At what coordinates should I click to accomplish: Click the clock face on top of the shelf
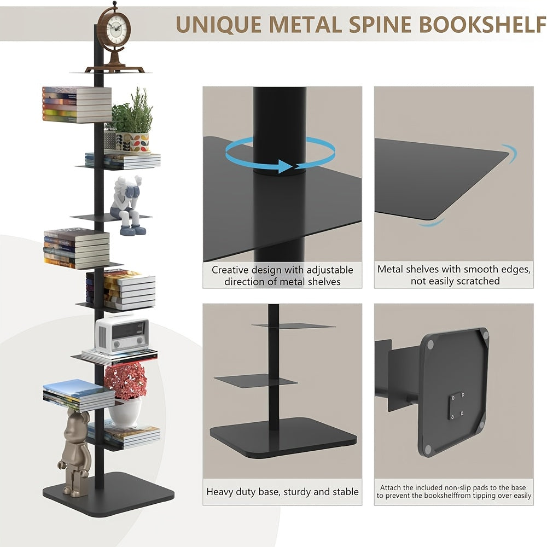click(x=116, y=30)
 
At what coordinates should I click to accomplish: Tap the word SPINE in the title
click(x=380, y=25)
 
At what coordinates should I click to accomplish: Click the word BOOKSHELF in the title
click(x=482, y=25)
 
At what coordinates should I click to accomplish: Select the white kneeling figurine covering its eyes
click(x=127, y=206)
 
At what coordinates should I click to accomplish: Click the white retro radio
click(x=122, y=335)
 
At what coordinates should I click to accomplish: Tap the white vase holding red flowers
click(x=125, y=414)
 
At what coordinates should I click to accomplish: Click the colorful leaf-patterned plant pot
click(x=132, y=142)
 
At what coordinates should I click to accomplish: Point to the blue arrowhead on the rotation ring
click(x=286, y=166)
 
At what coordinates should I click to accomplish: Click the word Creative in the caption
click(x=230, y=270)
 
